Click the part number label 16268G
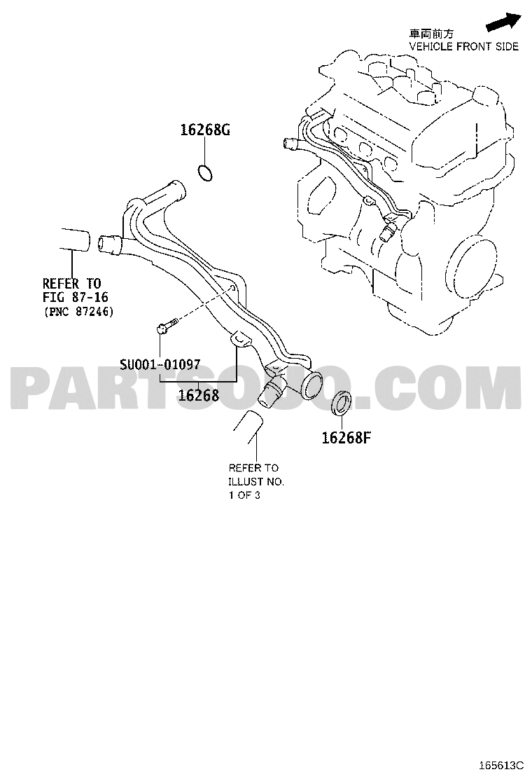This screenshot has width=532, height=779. click(205, 130)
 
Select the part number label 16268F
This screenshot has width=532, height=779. click(346, 438)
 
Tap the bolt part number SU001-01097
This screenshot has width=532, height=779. click(160, 365)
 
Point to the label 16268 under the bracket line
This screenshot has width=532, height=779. click(199, 395)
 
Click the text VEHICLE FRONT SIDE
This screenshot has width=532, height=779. click(463, 47)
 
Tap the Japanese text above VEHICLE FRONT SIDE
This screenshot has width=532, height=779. click(430, 34)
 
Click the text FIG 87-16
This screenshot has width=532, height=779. click(76, 298)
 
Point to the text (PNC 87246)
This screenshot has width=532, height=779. click(79, 312)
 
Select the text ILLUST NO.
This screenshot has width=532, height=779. click(256, 481)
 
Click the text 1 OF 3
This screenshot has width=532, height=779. click(244, 495)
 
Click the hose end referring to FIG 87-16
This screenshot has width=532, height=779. click(76, 240)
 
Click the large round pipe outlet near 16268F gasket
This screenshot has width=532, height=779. click(311, 383)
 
